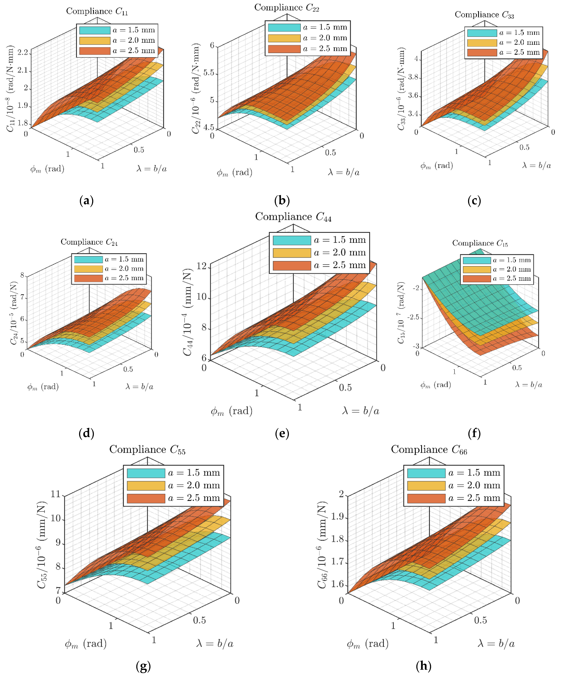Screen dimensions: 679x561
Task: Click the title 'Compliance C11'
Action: point(97,11)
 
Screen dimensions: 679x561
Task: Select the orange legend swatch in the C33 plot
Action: point(482,52)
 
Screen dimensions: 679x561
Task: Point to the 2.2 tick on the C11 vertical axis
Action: point(23,52)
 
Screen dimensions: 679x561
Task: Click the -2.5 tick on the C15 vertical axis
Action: point(413,317)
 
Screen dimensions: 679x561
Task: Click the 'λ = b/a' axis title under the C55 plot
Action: point(215,644)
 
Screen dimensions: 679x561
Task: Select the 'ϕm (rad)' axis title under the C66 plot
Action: point(367,644)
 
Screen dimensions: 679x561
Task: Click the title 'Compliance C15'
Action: point(480,243)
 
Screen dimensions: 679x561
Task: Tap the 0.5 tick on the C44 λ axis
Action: point(345,388)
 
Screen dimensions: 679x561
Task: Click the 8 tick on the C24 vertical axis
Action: point(22,275)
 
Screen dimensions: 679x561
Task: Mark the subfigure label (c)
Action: point(474,201)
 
